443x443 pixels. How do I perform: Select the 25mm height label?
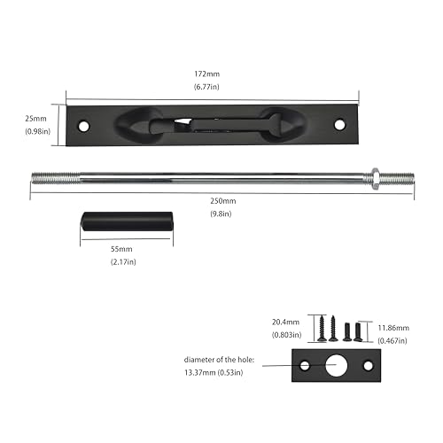pyautogui.click(x=36, y=118)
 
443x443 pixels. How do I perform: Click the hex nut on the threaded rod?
pyautogui.click(x=377, y=177)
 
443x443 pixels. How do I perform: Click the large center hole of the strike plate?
pyautogui.click(x=336, y=364)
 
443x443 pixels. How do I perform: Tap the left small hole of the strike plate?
pyautogui.click(x=306, y=365)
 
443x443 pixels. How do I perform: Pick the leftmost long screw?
pyautogui.click(x=322, y=328)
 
